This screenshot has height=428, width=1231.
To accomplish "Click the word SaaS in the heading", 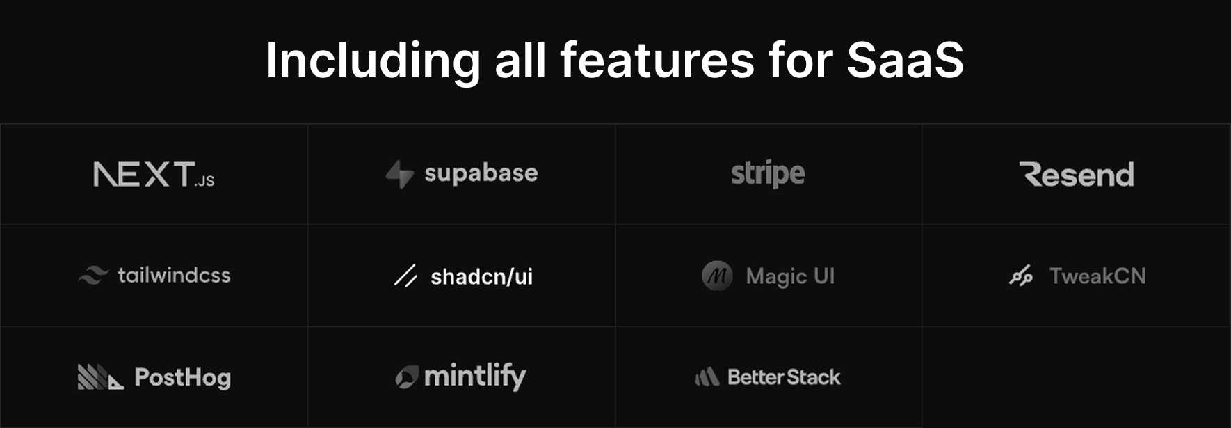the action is (x=905, y=60).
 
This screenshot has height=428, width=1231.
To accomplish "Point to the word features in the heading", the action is (x=657, y=60).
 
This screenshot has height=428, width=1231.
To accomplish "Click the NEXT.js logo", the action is (x=154, y=174).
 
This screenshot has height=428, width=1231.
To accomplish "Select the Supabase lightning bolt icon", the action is (x=400, y=174).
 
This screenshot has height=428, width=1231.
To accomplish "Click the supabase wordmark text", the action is (x=481, y=173).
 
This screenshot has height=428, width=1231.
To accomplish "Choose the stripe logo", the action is (x=768, y=174).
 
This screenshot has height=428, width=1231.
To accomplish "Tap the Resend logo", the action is (x=1077, y=175).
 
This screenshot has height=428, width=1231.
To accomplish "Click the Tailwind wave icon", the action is (x=93, y=276).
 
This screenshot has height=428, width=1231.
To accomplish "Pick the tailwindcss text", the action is (x=174, y=275).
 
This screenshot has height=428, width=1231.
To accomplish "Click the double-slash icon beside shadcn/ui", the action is (x=405, y=276).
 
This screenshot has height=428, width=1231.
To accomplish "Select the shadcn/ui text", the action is (x=481, y=276).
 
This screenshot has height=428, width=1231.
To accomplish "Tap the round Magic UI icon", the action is (x=717, y=276).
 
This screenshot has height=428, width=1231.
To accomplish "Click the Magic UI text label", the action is (x=790, y=276).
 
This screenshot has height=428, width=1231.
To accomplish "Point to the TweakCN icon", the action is (x=1021, y=276).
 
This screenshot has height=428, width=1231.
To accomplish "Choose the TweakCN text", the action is (x=1097, y=276).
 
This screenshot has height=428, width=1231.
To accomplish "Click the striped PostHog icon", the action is (x=101, y=377).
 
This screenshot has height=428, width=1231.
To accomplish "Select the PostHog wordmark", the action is (x=182, y=377).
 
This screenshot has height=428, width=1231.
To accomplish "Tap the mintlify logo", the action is (x=460, y=377).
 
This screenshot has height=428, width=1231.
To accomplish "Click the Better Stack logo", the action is (x=768, y=377).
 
